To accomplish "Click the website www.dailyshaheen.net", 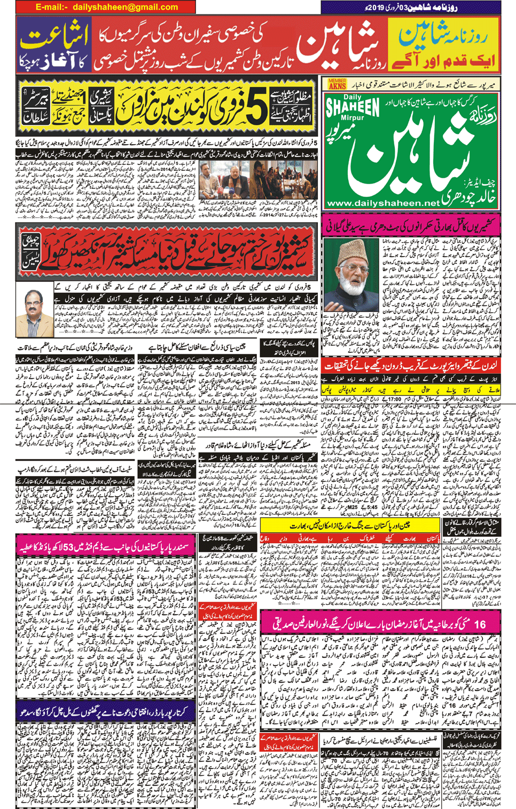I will click(x=383, y=203).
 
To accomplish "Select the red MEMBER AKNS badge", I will click(x=337, y=84).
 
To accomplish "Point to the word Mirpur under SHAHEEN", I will click(x=351, y=118).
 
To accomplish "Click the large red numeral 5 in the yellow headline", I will click(x=258, y=109).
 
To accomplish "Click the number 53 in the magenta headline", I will click(x=91, y=546).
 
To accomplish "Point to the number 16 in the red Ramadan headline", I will click(x=479, y=623).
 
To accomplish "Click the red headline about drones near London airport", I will click(x=411, y=366).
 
